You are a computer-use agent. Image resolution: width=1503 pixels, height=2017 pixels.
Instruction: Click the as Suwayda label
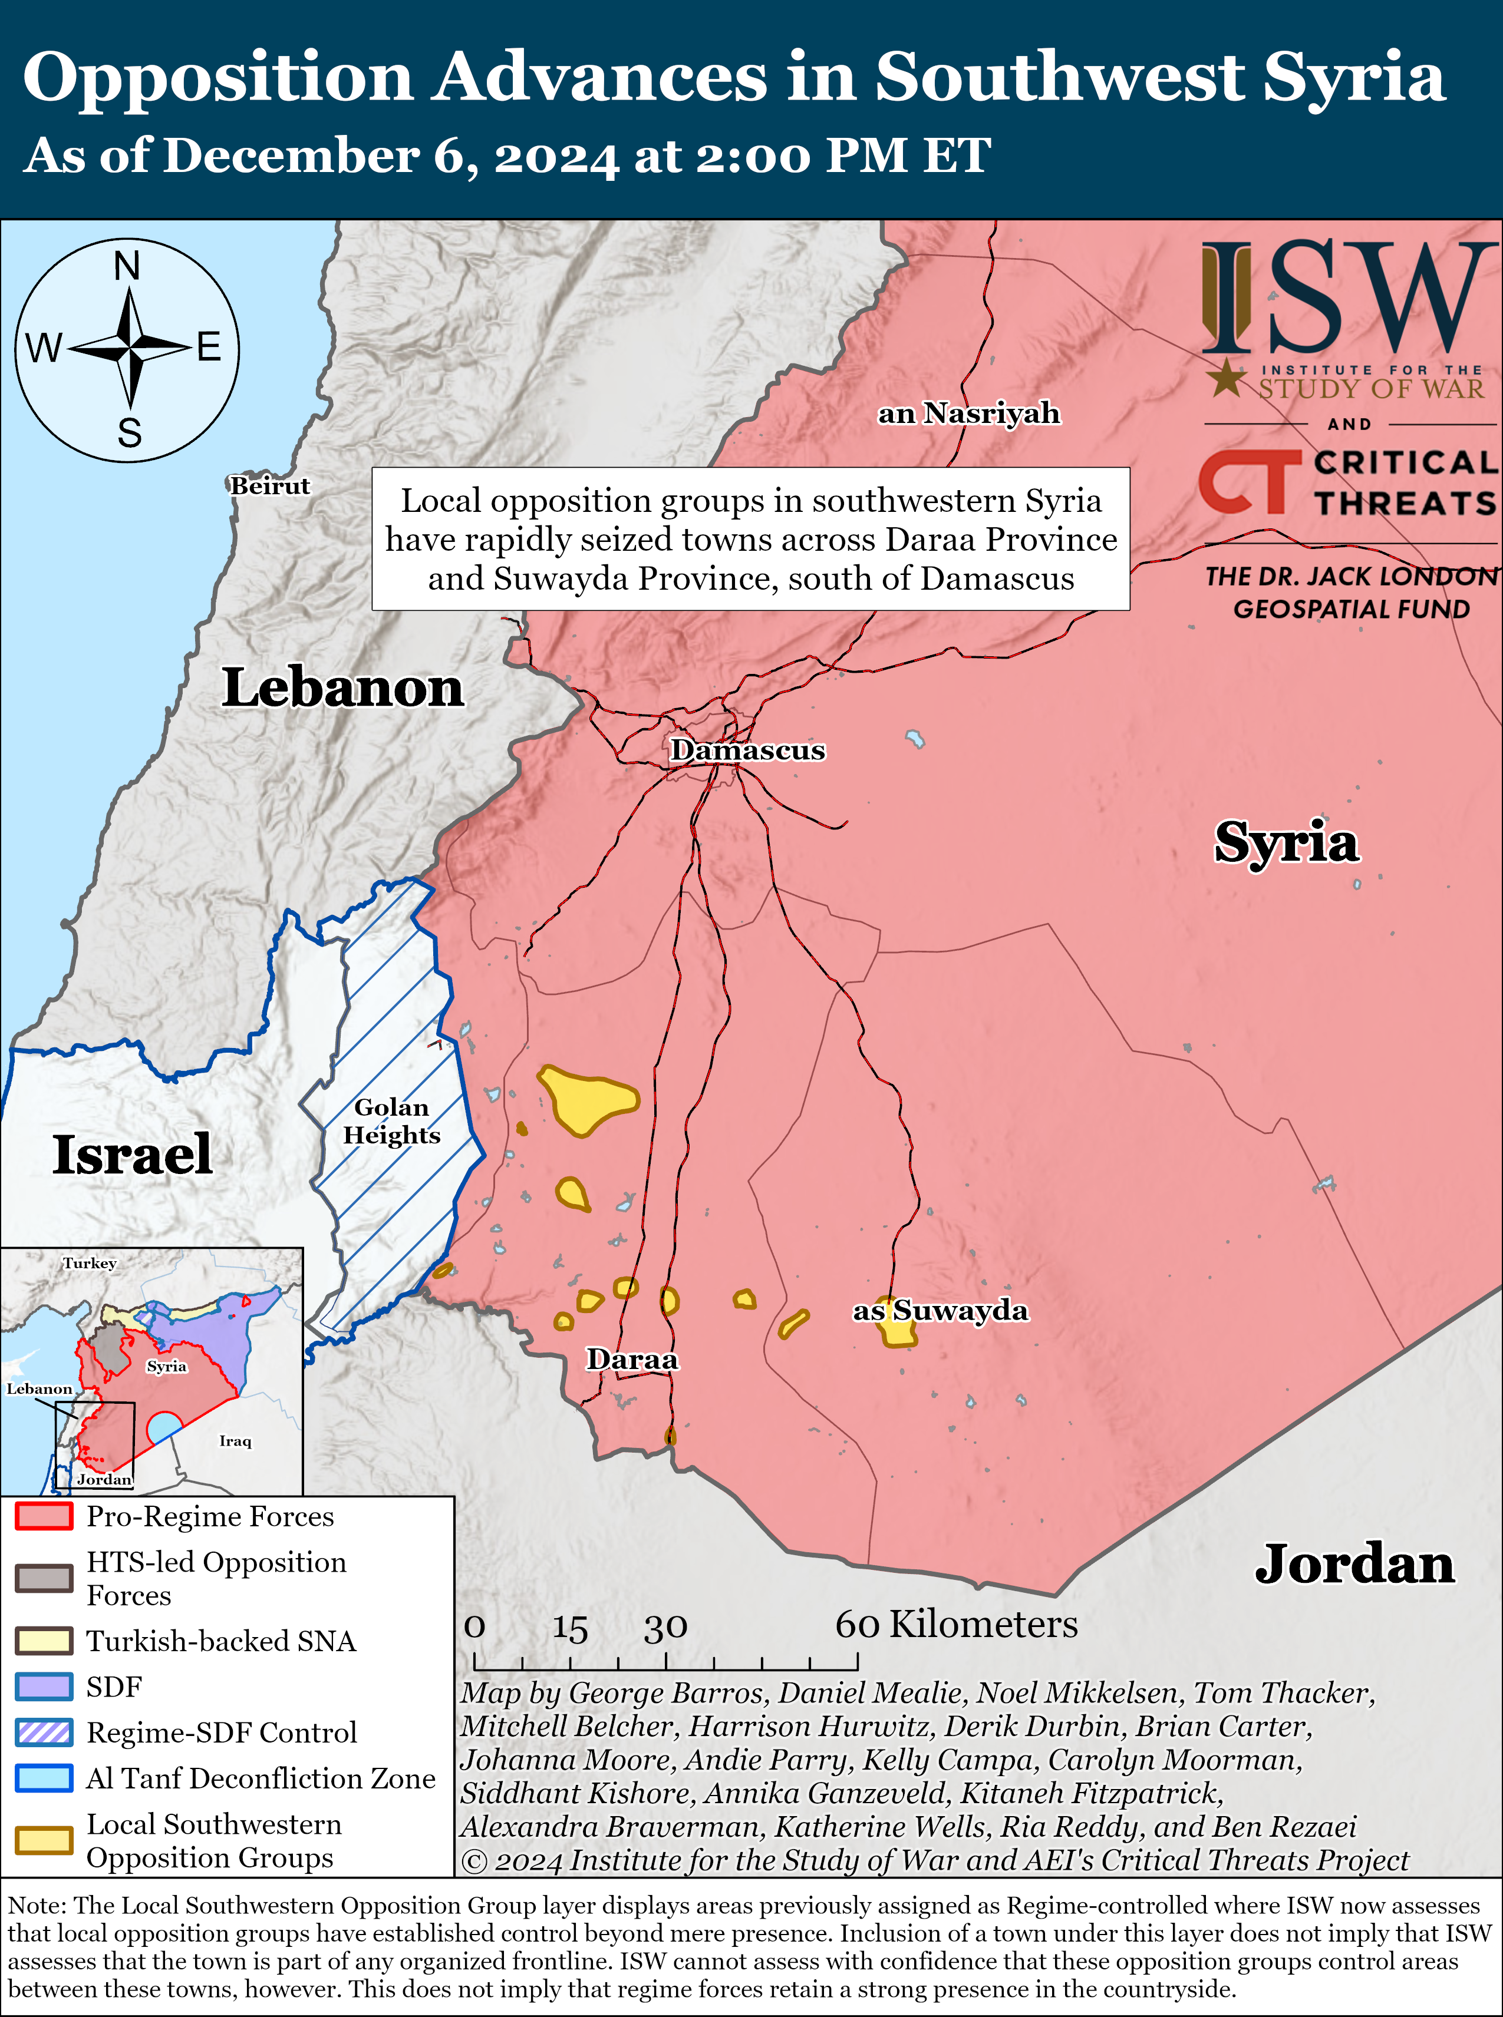point(940,1311)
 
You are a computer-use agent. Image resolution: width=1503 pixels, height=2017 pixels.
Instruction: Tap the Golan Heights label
point(391,1120)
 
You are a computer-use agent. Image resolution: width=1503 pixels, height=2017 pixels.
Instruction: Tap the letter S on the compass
point(129,433)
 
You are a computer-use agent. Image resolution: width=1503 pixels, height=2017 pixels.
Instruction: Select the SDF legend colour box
point(44,1687)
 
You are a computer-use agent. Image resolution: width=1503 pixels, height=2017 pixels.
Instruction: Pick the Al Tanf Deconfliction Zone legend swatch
point(44,1778)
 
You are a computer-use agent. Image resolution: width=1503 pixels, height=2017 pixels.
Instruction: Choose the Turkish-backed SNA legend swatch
point(44,1641)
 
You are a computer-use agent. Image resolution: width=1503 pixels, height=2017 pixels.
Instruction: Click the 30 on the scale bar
point(665,1628)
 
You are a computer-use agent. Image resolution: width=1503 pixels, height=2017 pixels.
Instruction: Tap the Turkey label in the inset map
point(89,1263)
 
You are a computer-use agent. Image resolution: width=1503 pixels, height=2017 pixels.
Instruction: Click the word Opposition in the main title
point(217,77)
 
